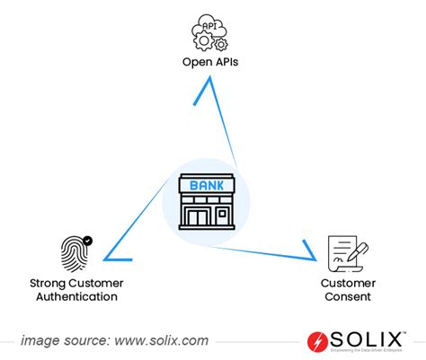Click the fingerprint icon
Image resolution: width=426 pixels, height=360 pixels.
(75, 253)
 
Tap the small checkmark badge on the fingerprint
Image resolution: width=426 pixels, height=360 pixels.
(87, 241)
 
